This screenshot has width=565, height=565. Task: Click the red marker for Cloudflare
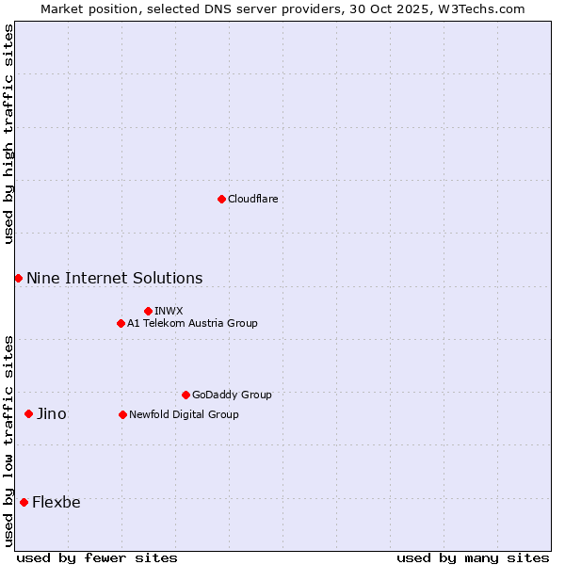(x=221, y=199)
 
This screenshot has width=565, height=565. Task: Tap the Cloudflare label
(x=253, y=199)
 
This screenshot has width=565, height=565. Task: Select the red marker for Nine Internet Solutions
(x=18, y=278)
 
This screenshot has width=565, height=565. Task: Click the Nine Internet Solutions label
(x=114, y=278)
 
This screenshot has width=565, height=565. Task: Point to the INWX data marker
(x=148, y=311)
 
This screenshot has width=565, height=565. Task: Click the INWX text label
(x=169, y=311)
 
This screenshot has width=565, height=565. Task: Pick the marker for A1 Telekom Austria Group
(x=121, y=323)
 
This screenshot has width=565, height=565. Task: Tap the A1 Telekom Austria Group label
(x=192, y=323)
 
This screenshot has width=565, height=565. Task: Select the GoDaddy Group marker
(x=186, y=395)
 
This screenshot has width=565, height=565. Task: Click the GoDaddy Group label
(x=232, y=395)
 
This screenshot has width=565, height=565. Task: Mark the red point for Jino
(x=28, y=413)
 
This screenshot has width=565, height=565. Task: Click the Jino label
(x=52, y=413)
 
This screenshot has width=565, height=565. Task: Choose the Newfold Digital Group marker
(x=122, y=414)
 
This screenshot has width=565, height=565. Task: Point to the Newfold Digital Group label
(x=184, y=414)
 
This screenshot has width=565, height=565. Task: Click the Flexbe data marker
(x=24, y=502)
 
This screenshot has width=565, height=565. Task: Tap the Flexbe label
(x=56, y=502)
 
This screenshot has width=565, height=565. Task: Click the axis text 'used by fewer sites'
(x=97, y=557)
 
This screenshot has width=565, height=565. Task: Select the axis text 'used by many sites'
(x=473, y=557)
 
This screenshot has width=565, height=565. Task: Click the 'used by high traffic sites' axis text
(x=8, y=134)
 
